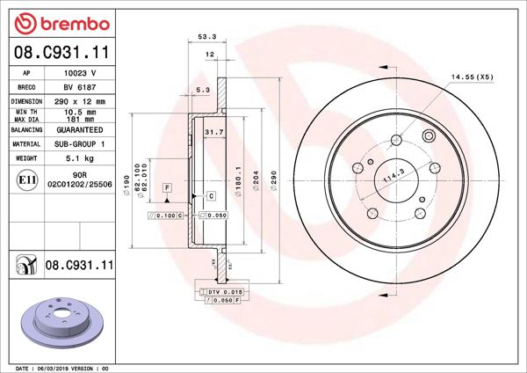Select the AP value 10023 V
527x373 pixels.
81,74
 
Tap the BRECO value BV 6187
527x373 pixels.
81,87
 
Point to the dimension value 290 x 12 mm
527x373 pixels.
82,101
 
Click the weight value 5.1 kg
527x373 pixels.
82,157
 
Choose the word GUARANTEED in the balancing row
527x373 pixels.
82,129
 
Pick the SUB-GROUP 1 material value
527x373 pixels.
82,143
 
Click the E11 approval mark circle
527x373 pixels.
26,181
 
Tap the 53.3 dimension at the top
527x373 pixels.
207,38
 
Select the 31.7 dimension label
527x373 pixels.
213,133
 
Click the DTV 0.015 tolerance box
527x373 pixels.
224,290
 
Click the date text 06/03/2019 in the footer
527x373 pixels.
58,367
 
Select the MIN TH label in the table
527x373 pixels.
26,112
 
